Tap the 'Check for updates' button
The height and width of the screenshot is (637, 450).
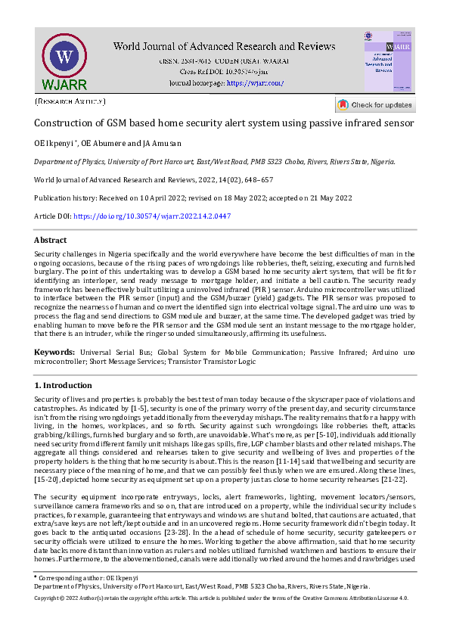pos(376,104)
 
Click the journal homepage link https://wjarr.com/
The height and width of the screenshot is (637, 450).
pos(255,82)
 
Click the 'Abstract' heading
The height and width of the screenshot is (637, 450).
pos(51,240)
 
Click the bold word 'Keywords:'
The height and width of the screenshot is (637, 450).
pos(54,353)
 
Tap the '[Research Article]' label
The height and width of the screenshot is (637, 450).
pos(70,101)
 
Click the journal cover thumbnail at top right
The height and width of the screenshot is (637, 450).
pos(388,62)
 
